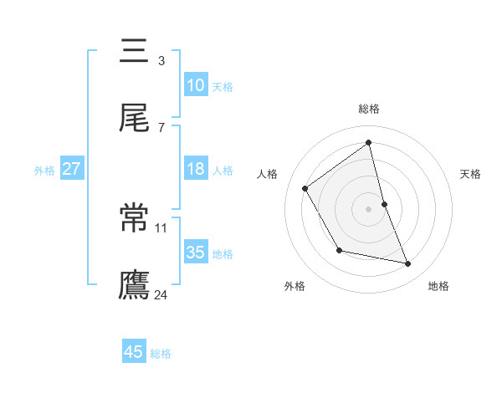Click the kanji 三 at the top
[135, 52]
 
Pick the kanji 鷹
[135, 284]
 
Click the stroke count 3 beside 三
[161, 61]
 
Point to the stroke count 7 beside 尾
[161, 127]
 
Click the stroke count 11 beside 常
[161, 227]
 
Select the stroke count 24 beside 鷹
[161, 294]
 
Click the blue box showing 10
[195, 85]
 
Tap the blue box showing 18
[195, 169]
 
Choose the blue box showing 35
[195, 252]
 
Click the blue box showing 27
[71, 169]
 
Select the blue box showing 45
[134, 352]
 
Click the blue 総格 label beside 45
[161, 354]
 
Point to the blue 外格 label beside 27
[44, 171]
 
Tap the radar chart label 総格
[368, 109]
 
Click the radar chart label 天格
[471, 174]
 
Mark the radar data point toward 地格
[408, 264]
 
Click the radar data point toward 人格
[305, 188]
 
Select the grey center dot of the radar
[368, 209]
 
